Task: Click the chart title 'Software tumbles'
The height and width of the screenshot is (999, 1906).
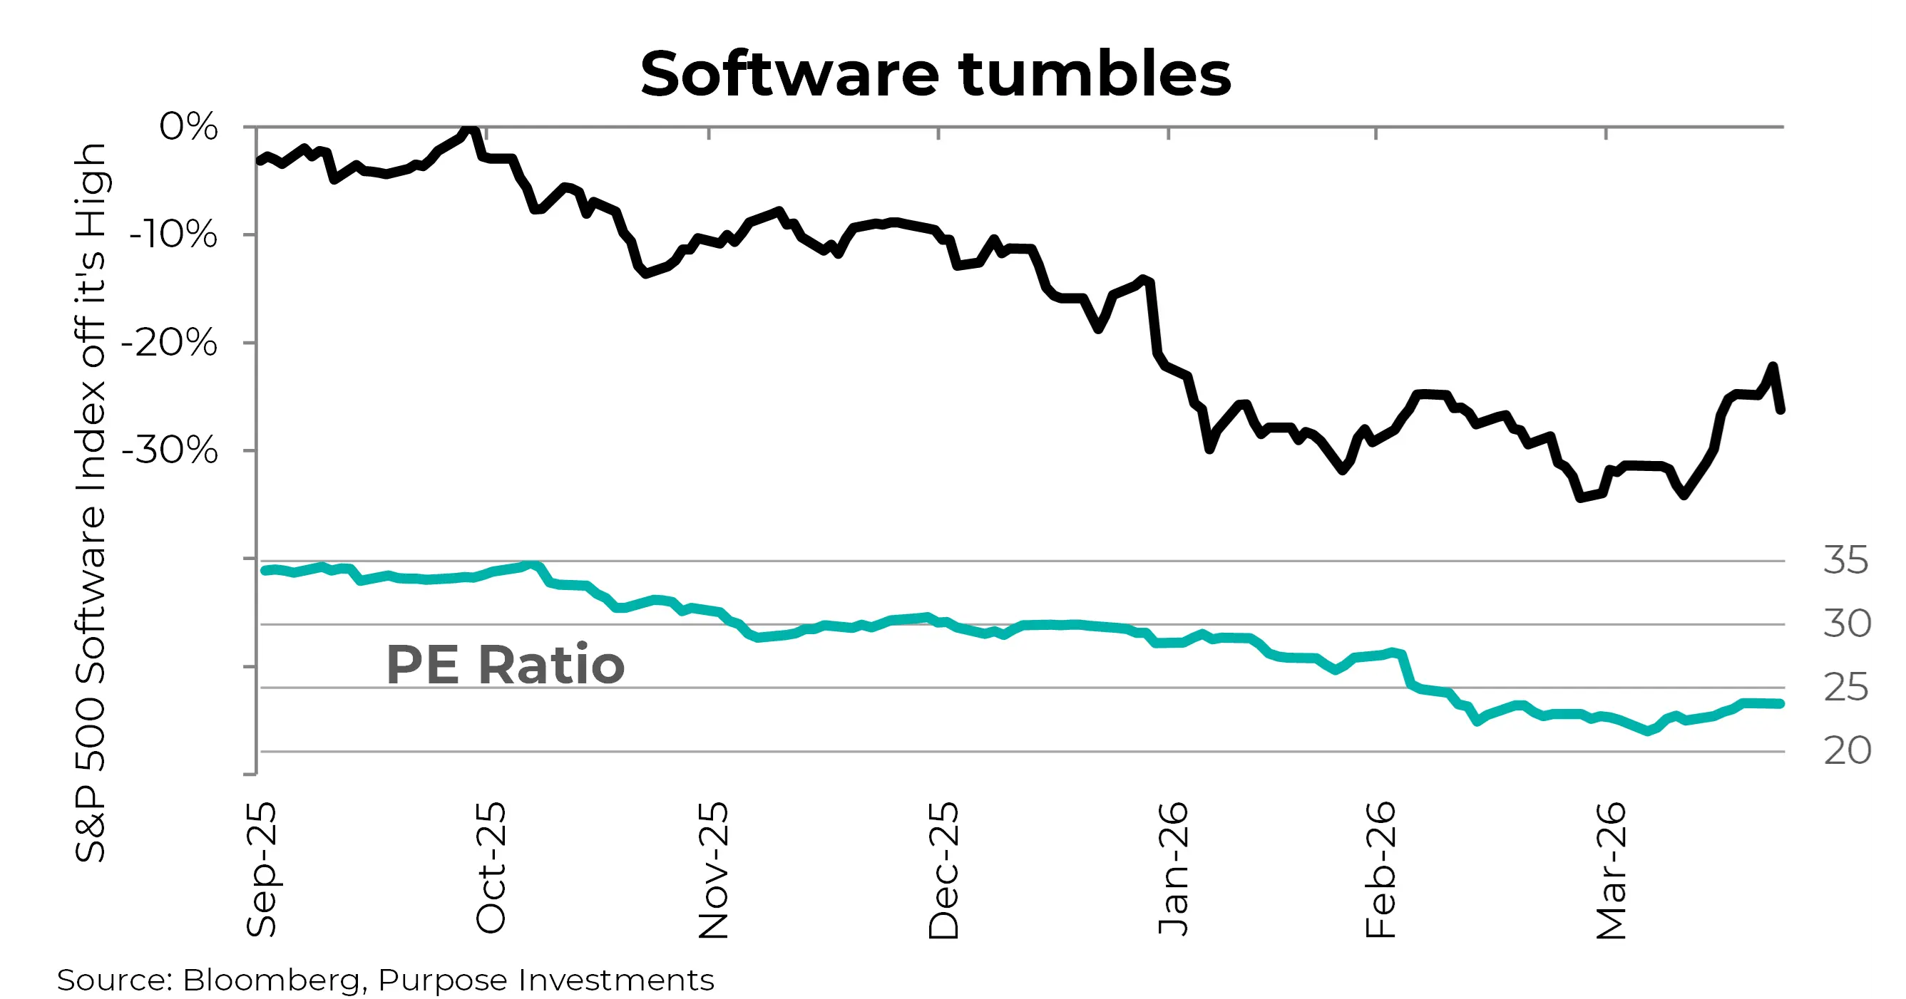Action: tap(936, 74)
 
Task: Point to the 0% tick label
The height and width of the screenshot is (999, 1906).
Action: tap(189, 126)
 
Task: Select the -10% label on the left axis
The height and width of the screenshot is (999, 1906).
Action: tap(173, 235)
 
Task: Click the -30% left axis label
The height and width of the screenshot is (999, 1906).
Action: tap(170, 450)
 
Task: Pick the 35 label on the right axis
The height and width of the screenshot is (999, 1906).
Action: tap(1845, 561)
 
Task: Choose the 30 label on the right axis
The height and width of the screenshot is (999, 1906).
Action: tap(1847, 624)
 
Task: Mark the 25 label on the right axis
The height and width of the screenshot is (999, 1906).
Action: tap(1845, 688)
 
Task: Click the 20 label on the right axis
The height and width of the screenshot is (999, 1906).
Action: tap(1847, 751)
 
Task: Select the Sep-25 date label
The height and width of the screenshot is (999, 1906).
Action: tap(261, 869)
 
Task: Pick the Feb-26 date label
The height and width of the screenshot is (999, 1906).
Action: tap(1380, 869)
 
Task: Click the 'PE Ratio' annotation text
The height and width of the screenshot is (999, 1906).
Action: tap(506, 665)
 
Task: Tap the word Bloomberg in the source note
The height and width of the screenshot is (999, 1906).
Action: tap(271, 980)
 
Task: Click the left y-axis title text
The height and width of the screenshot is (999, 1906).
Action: tap(91, 503)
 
